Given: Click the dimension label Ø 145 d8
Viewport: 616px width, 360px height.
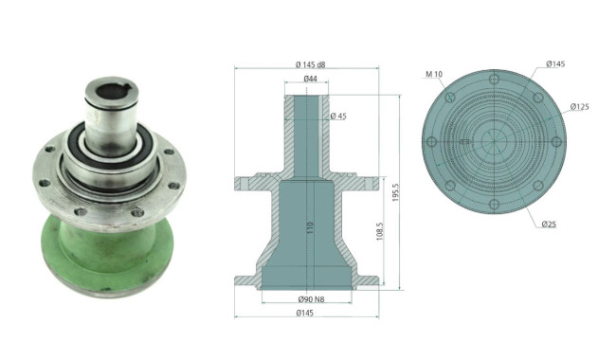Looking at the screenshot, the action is click(x=310, y=64).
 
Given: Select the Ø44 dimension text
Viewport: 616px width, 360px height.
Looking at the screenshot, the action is click(x=310, y=79).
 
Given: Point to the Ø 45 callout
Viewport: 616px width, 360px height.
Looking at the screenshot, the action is click(x=338, y=117).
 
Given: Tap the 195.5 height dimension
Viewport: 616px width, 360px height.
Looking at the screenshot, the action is click(x=395, y=192).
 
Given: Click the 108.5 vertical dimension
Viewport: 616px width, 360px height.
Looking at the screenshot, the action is click(x=380, y=231).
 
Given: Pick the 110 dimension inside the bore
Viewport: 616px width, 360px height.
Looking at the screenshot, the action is click(x=310, y=229).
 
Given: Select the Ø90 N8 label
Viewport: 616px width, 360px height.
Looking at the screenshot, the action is click(x=311, y=299).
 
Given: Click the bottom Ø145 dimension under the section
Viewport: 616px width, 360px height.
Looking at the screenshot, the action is click(x=305, y=313).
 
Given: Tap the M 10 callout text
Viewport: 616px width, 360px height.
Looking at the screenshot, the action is click(x=434, y=74).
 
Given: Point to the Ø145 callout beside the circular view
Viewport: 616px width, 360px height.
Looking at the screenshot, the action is click(x=555, y=64).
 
